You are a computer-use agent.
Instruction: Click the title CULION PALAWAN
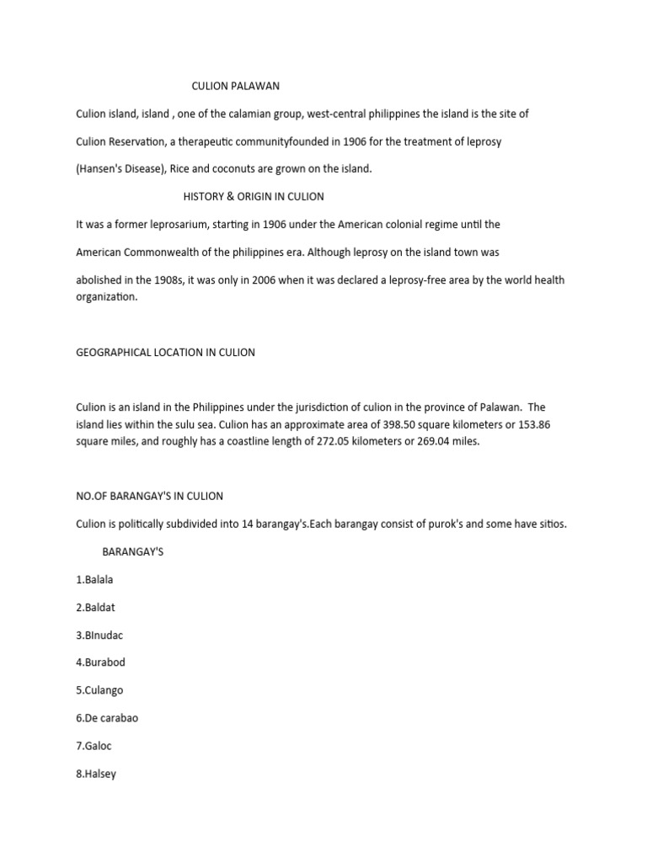(x=236, y=86)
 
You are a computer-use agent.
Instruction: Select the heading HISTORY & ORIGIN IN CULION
(x=254, y=196)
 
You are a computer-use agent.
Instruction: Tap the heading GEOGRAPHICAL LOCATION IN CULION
(x=165, y=353)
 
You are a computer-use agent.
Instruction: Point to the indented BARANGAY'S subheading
(x=132, y=551)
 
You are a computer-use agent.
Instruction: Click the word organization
(x=106, y=297)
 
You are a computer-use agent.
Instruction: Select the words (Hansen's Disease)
(x=120, y=168)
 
